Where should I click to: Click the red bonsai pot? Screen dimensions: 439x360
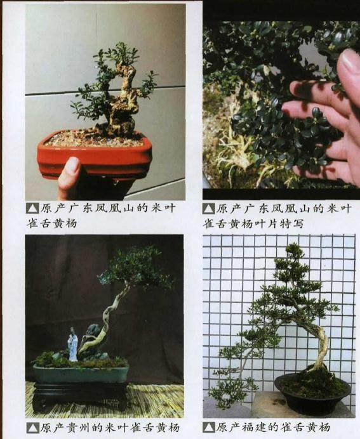95,155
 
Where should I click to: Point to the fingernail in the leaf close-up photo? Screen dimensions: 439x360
350,63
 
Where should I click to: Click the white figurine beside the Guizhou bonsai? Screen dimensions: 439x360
73,346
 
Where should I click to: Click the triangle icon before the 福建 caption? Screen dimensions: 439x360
209,428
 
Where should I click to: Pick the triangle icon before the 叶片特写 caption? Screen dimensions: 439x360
209,208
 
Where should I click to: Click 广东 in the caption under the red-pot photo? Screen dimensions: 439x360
77,208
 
